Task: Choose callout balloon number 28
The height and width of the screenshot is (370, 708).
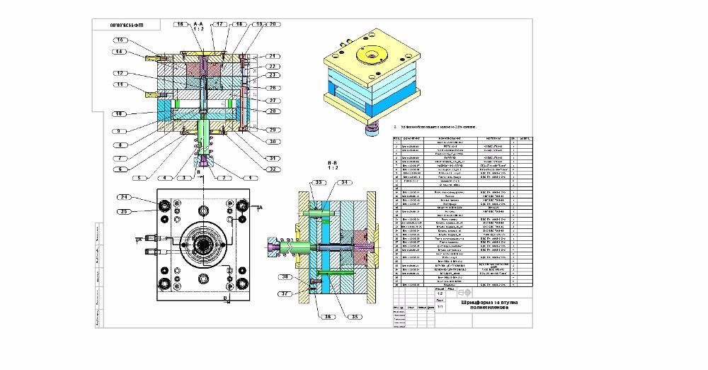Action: tap(271, 111)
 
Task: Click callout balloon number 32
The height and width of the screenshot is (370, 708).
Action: tap(271, 169)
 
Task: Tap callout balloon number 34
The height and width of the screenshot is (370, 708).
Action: tap(346, 183)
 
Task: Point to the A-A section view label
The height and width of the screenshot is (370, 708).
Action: tap(199, 23)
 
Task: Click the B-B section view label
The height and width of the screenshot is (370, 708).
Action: tap(332, 162)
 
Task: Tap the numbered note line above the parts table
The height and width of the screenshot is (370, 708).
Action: tap(439, 128)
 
